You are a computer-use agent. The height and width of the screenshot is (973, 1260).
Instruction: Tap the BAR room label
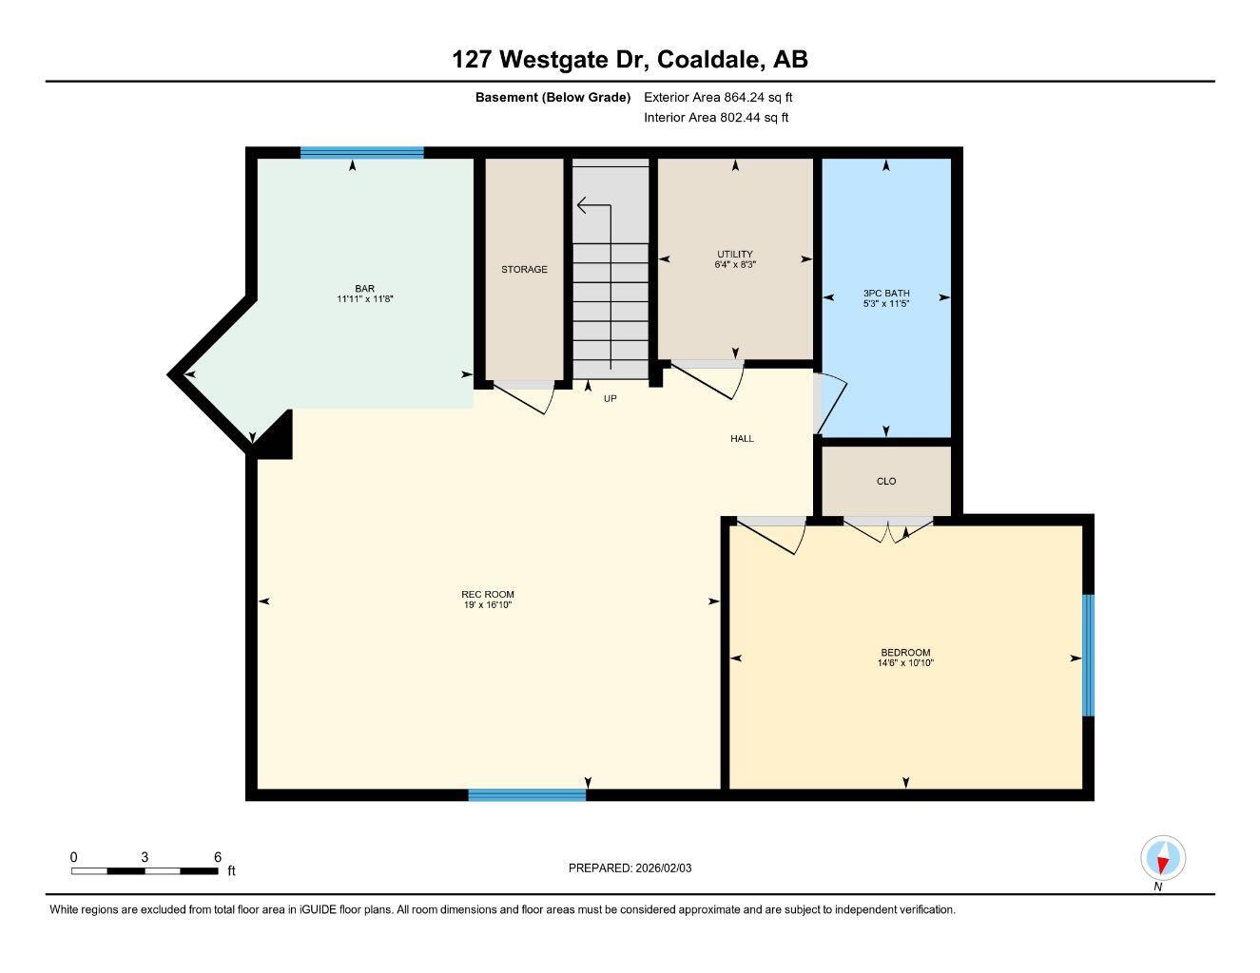(x=364, y=289)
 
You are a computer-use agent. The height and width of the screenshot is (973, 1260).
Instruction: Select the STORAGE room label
(x=524, y=270)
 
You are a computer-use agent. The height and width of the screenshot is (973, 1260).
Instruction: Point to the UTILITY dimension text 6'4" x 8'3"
(x=735, y=265)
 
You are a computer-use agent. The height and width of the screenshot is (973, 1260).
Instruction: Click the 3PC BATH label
(x=886, y=294)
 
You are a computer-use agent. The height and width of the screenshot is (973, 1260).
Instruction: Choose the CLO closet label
(x=886, y=482)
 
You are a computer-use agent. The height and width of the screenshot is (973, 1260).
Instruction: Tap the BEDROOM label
(x=905, y=653)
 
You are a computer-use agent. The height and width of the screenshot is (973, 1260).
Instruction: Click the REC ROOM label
(x=488, y=595)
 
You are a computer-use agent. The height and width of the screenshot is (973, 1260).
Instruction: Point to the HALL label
(x=742, y=439)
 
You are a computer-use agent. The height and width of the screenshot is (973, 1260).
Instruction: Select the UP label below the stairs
(x=610, y=399)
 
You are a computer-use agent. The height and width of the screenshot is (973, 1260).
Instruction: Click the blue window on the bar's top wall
(x=362, y=152)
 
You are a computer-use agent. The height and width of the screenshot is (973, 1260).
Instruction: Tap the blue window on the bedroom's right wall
(x=1088, y=656)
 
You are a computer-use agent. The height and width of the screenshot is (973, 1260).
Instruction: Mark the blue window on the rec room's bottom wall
(x=527, y=795)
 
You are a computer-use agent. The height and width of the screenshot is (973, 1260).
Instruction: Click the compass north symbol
(x=1162, y=859)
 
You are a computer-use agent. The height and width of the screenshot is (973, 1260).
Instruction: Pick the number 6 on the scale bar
(x=218, y=857)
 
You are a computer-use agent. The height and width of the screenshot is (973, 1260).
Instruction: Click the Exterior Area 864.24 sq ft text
(x=718, y=97)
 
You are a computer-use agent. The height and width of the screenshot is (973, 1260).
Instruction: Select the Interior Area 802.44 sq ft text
(x=716, y=118)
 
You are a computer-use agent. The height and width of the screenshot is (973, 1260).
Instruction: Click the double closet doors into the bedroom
(x=888, y=530)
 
